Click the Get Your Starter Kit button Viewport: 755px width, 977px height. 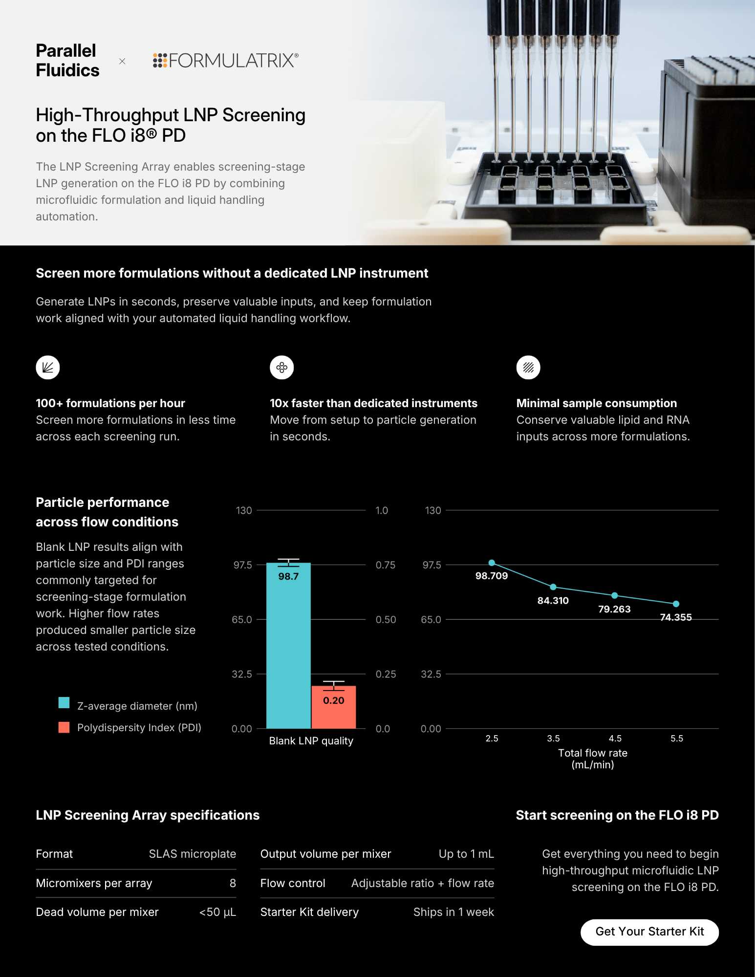[x=649, y=932]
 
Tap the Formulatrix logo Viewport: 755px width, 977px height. [x=226, y=61]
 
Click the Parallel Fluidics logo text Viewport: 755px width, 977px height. [x=67, y=61]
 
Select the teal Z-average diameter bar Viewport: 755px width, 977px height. [x=288, y=645]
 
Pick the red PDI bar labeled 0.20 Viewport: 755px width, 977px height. [x=334, y=707]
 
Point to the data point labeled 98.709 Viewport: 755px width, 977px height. [x=492, y=563]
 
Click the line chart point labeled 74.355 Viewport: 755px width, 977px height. [x=676, y=604]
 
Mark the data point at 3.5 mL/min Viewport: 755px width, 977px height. [x=553, y=587]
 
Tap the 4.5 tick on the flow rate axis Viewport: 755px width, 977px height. [x=615, y=738]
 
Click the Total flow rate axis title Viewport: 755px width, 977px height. [x=593, y=759]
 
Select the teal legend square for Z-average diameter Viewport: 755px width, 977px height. [x=64, y=703]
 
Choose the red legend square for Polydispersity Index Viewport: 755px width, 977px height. [x=64, y=727]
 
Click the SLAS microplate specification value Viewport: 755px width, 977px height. [x=193, y=854]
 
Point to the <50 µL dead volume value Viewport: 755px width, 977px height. [x=217, y=912]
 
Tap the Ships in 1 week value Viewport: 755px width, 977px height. [x=453, y=912]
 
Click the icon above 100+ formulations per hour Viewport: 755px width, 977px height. [x=48, y=368]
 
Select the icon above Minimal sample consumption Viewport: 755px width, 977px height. [x=528, y=368]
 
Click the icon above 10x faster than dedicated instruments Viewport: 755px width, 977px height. [x=282, y=368]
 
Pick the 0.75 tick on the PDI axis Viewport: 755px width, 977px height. [x=386, y=565]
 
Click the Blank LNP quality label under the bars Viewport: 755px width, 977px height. [x=311, y=741]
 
